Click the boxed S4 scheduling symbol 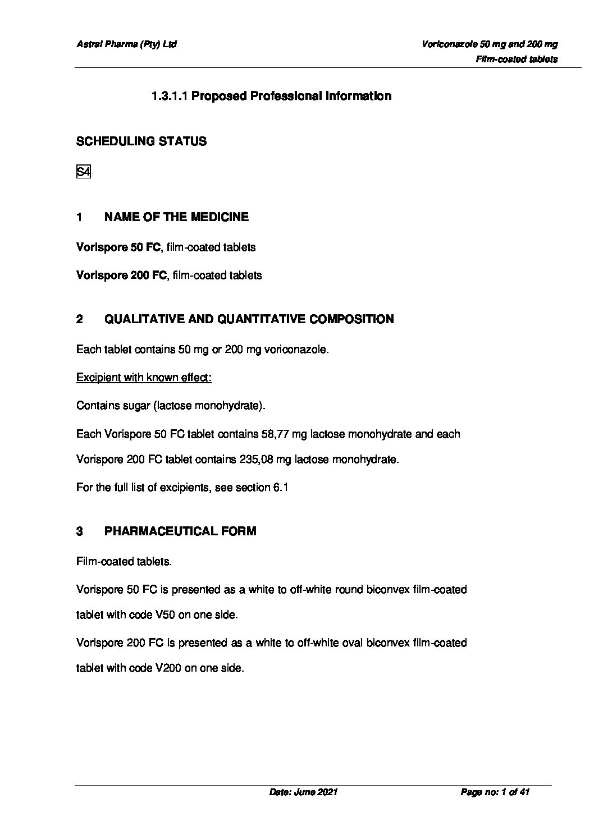tap(83, 172)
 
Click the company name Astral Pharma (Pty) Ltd tap(126, 44)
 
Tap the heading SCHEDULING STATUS tap(141, 141)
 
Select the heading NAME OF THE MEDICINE tap(176, 217)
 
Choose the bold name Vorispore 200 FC tap(122, 275)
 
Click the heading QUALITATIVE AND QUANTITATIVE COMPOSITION tap(249, 319)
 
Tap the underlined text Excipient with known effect tap(143, 377)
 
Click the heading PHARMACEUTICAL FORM tap(180, 531)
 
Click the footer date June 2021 tap(316, 792)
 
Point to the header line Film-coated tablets tap(517, 59)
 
